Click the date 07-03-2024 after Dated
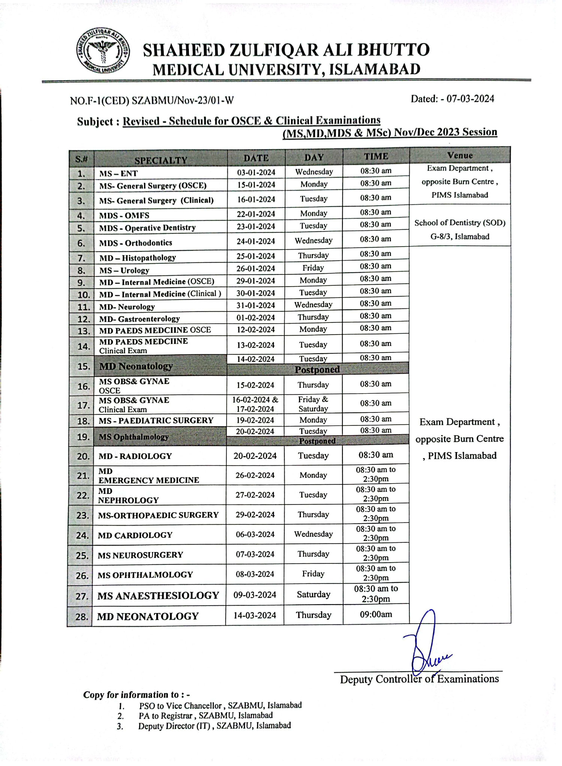point(470,99)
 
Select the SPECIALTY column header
point(161,160)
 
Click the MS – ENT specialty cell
point(118,173)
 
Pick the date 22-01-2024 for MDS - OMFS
point(256,214)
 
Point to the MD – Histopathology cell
point(138,258)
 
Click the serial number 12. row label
point(84,319)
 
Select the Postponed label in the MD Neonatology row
point(317,370)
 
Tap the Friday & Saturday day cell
point(313,404)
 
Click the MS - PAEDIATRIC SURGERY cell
point(156,421)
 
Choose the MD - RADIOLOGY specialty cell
point(135,456)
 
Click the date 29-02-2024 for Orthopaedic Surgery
point(255,515)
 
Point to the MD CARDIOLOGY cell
point(135,535)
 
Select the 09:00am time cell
point(376,614)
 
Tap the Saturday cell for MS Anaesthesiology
point(314,594)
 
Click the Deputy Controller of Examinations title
point(419,679)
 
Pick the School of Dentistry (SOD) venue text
point(460,223)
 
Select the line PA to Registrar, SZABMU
point(205,716)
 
